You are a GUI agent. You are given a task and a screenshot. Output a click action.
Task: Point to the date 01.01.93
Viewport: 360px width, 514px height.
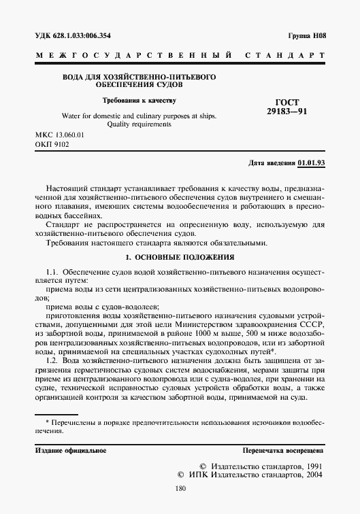click(312, 163)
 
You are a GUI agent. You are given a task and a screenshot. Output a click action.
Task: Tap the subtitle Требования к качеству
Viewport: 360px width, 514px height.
click(139, 101)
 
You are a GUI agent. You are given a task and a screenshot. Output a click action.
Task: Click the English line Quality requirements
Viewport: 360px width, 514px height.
click(139, 124)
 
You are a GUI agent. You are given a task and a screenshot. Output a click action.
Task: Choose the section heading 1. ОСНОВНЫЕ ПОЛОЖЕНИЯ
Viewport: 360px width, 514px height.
click(180, 257)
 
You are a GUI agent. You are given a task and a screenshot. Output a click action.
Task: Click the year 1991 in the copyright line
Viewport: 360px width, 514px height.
click(312, 467)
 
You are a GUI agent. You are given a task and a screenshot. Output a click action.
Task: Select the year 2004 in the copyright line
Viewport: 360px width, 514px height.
click(312, 477)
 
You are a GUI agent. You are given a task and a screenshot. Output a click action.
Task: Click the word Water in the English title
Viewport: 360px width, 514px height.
click(71, 116)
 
